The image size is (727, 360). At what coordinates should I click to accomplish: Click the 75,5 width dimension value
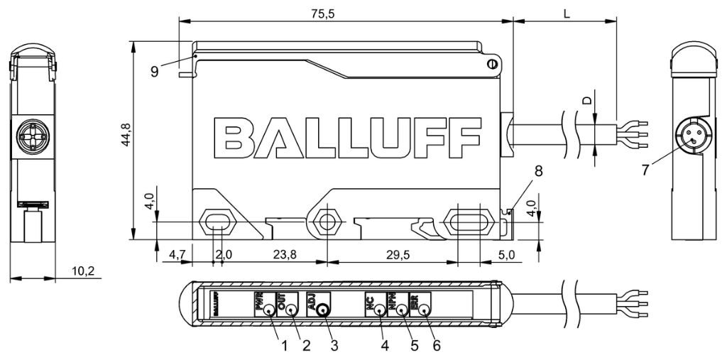click(345, 14)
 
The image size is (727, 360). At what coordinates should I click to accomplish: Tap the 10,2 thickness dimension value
click(83, 270)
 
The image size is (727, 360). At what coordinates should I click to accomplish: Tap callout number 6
click(437, 346)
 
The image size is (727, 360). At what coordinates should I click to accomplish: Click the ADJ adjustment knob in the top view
click(323, 310)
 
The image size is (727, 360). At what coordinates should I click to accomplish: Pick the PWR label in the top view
click(258, 302)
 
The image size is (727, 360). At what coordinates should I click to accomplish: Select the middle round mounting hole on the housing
click(327, 222)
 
